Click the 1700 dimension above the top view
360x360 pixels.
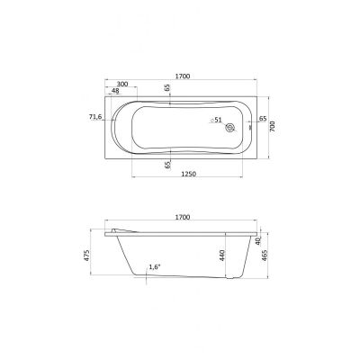pyautogui.click(x=183, y=76)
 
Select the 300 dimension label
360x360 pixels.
pyautogui.click(x=122, y=84)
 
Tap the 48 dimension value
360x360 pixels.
pyautogui.click(x=115, y=91)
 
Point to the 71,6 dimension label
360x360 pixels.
pyautogui.click(x=96, y=117)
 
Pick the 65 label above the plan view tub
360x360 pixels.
pyautogui.click(x=167, y=87)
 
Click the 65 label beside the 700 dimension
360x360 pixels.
pyautogui.click(x=263, y=119)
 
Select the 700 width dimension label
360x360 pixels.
pyautogui.click(x=273, y=128)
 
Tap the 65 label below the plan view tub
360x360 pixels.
pyautogui.click(x=167, y=165)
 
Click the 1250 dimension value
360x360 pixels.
pyautogui.click(x=189, y=174)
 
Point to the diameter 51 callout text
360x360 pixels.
pyautogui.click(x=216, y=120)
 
